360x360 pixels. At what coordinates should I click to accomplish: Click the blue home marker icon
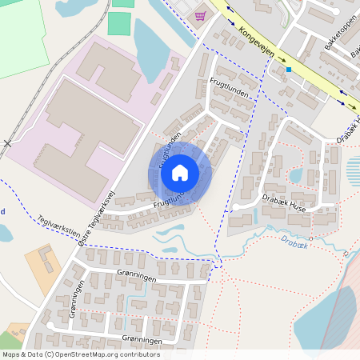point(180,173)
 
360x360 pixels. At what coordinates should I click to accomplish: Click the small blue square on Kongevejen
point(288,70)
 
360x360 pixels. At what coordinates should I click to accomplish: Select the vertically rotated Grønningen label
point(74,302)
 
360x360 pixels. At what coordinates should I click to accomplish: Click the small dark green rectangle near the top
point(118,23)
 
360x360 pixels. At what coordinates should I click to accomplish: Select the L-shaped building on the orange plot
point(45,258)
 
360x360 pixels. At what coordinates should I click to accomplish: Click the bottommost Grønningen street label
point(135,340)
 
